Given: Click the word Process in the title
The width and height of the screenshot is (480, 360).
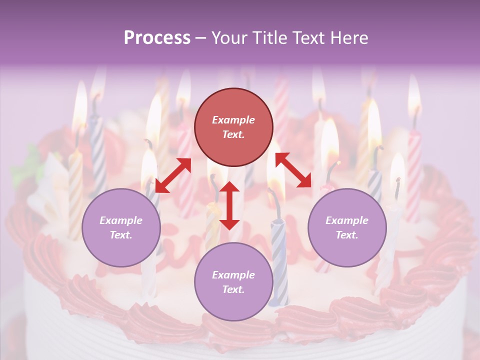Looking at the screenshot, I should [157, 38].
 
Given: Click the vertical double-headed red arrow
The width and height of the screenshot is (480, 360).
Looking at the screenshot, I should [229, 205].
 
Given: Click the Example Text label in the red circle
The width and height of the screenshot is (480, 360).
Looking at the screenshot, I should [233, 127].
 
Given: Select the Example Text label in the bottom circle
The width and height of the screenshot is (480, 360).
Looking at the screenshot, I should [233, 282].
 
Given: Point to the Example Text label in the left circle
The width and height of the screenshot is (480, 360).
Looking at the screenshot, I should [121, 227].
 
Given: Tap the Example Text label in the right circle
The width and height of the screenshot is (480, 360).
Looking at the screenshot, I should [347, 227].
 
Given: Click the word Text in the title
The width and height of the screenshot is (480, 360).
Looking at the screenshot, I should [310, 38].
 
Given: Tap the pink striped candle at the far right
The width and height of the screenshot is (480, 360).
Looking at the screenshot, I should [414, 175].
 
